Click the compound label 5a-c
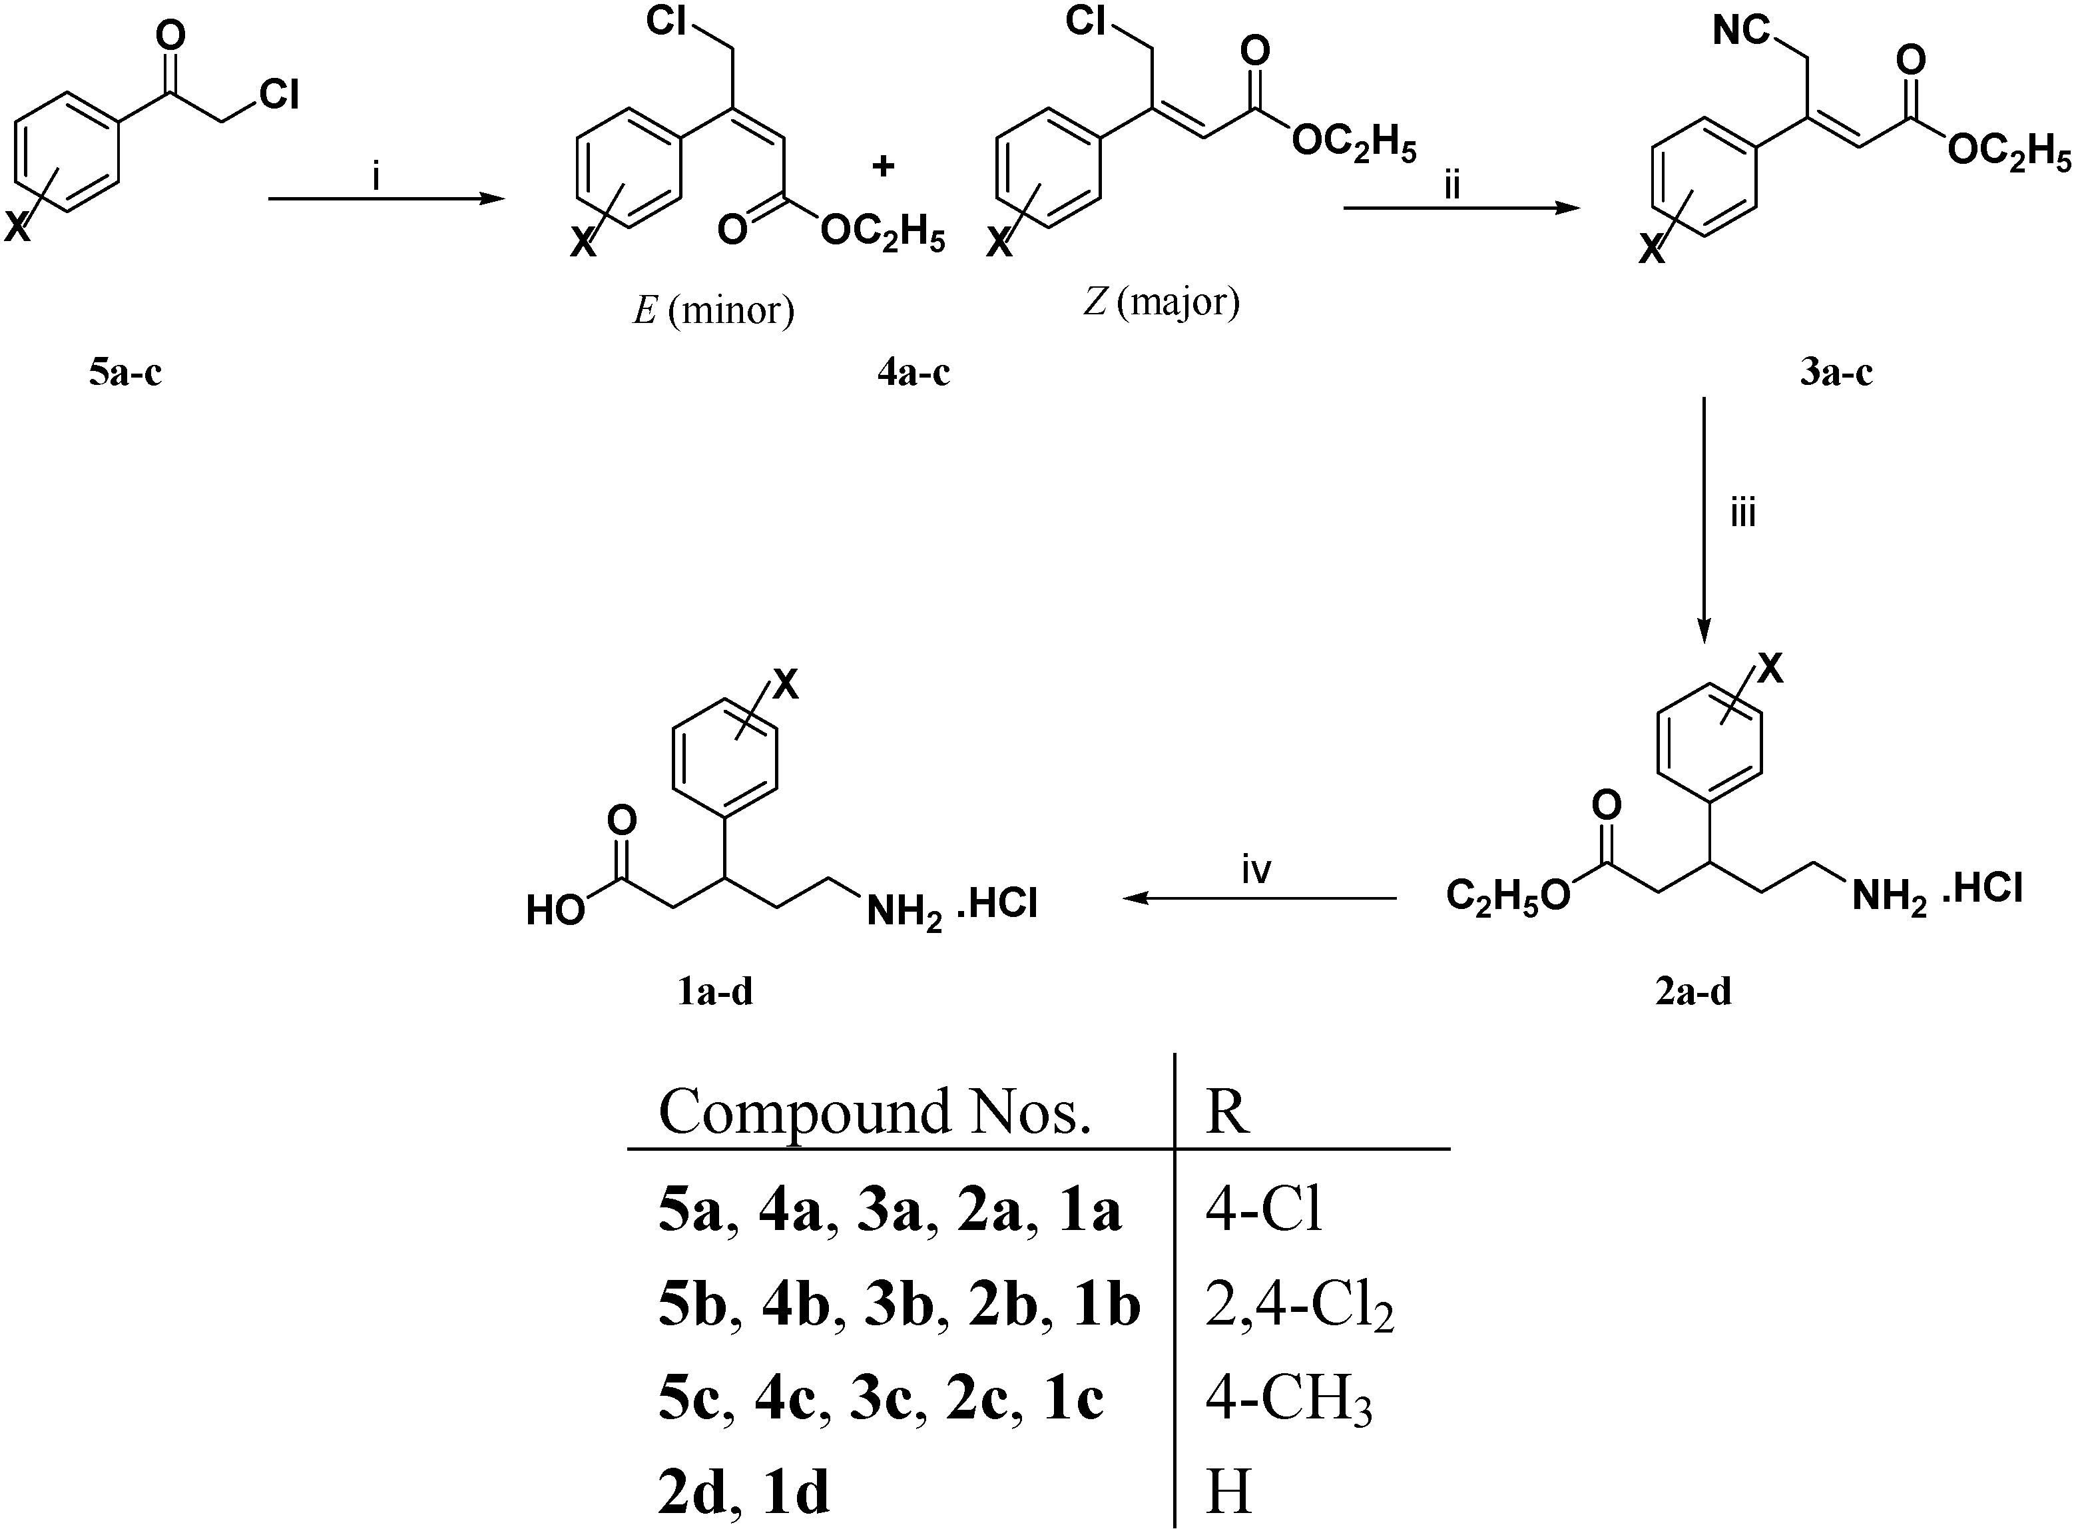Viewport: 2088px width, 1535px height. click(125, 374)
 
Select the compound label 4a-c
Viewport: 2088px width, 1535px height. click(913, 374)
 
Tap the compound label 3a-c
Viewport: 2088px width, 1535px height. click(1836, 374)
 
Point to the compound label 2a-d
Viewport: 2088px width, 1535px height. click(1693, 992)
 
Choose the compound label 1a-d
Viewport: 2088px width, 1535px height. click(714, 992)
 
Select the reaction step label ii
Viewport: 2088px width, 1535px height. click(1451, 186)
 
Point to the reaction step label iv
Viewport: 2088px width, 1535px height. click(1256, 870)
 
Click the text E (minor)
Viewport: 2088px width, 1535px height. click(713, 310)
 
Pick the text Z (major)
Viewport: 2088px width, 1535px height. click(1161, 302)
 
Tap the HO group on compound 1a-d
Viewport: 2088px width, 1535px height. click(555, 910)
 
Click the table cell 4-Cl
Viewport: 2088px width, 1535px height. click(1263, 1211)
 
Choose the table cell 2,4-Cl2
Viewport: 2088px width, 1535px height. click(1298, 1305)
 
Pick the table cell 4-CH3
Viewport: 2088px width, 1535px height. click(1288, 1398)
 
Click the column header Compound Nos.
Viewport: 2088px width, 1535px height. click(874, 1111)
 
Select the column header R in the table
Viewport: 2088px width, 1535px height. click(1227, 1111)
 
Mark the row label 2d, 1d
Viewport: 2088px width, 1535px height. click(743, 1492)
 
